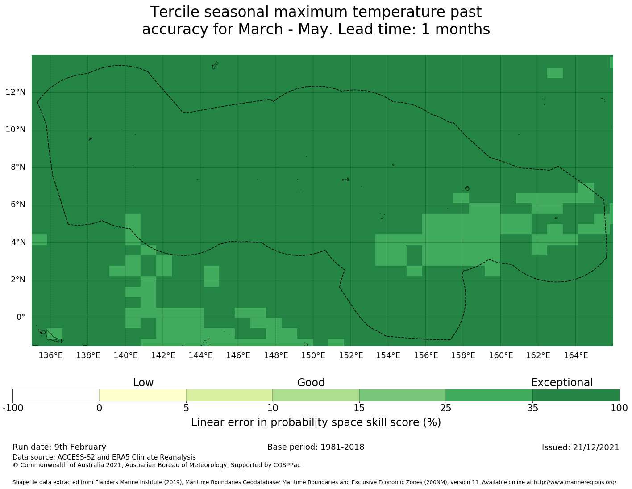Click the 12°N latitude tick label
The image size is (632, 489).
[x=15, y=92]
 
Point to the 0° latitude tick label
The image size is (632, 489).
[x=21, y=318]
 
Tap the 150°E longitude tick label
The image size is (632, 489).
[x=313, y=355]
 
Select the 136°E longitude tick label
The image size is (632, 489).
[x=50, y=355]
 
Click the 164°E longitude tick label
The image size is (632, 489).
[x=576, y=355]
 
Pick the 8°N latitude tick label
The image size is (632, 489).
[x=15, y=167]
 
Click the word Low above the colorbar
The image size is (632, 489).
[x=143, y=383]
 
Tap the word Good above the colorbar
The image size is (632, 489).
[x=311, y=383]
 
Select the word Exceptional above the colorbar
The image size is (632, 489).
[x=561, y=383]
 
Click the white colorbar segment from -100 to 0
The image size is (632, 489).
[x=56, y=395]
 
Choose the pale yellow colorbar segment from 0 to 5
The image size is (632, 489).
[x=142, y=395]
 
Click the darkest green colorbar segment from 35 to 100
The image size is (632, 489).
[x=576, y=395]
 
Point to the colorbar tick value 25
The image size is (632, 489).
[x=446, y=408]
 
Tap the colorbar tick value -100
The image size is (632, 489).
[x=12, y=408]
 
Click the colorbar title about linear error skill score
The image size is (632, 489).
[x=316, y=422]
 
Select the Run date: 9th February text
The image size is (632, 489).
[x=59, y=447]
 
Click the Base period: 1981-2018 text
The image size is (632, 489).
[x=316, y=447]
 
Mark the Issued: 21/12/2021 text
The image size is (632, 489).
[x=580, y=447]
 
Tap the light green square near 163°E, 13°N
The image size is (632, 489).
[x=555, y=73]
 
